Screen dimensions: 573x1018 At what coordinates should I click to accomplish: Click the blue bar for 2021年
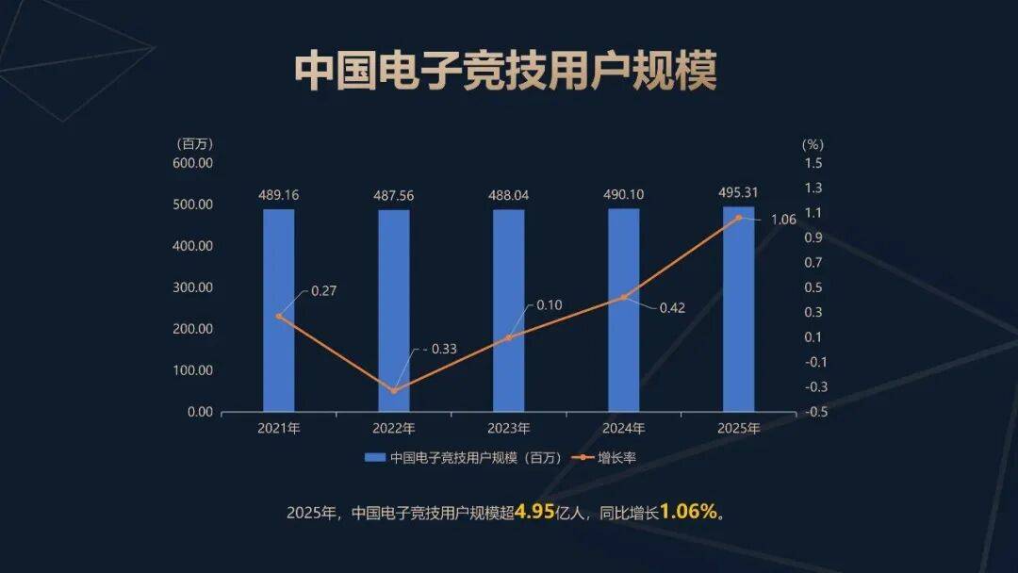click(278, 310)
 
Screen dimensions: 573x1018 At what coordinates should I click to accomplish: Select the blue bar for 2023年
click(509, 310)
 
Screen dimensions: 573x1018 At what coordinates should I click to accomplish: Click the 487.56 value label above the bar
click(394, 195)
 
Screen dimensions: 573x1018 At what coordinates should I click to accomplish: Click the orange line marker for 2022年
click(394, 390)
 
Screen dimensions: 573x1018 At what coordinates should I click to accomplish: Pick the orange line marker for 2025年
click(739, 218)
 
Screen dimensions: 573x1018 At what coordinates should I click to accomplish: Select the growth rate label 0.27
click(323, 291)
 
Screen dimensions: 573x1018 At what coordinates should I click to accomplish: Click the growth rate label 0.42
click(672, 307)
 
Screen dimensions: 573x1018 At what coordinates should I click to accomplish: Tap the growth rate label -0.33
click(438, 349)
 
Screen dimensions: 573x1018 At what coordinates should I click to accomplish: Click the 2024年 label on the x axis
click(623, 429)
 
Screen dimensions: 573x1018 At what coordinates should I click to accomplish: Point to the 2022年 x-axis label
click(394, 429)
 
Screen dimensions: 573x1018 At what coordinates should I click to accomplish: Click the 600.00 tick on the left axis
click(193, 162)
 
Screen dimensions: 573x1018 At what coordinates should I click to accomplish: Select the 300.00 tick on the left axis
click(193, 287)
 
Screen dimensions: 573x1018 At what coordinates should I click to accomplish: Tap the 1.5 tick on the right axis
click(813, 162)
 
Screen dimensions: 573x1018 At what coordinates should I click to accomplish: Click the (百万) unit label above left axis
click(195, 144)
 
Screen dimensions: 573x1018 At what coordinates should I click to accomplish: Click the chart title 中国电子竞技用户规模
click(506, 72)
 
